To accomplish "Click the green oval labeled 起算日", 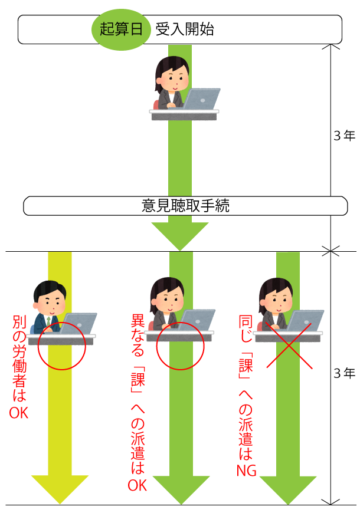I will tap(121, 29).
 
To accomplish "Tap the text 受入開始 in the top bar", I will tap(184, 29).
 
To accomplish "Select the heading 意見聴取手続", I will tap(185, 206).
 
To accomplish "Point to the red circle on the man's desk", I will tap(61, 346).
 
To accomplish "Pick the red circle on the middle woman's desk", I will tap(180, 346).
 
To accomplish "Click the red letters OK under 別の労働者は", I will tap(19, 412).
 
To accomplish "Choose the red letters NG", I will tap(246, 470).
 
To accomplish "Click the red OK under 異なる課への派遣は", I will tap(138, 485).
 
